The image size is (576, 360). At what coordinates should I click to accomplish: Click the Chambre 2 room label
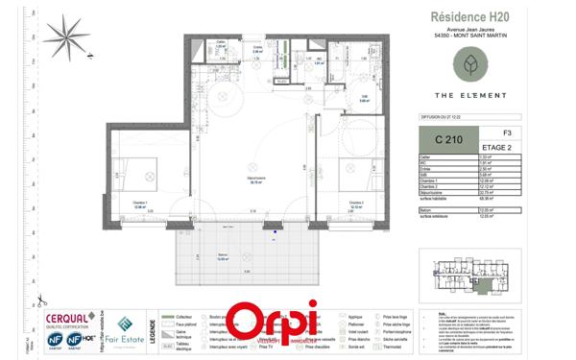click(x=355, y=203)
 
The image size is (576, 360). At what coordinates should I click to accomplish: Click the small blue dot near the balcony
click(x=276, y=230)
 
